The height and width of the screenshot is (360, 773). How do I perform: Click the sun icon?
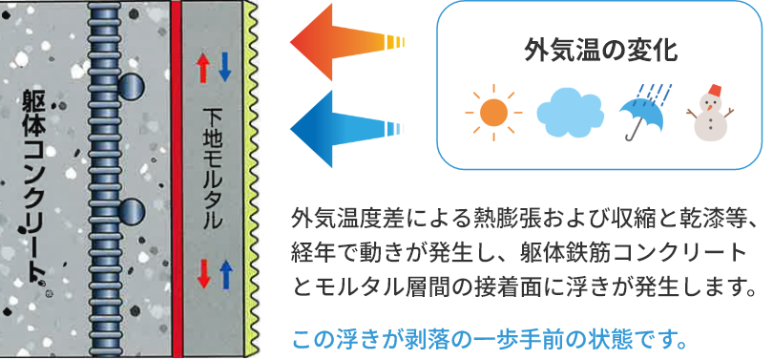click(493, 114)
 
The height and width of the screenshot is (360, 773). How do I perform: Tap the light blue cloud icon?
click(571, 114)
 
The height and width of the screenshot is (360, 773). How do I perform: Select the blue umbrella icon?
click(644, 113)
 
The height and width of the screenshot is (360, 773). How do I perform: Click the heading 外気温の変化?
click(600, 51)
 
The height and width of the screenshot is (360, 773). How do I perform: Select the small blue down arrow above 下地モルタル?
click(225, 66)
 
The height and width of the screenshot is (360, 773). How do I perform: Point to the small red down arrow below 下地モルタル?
click(202, 275)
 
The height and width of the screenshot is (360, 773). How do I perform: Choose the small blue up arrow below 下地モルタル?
click(226, 275)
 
